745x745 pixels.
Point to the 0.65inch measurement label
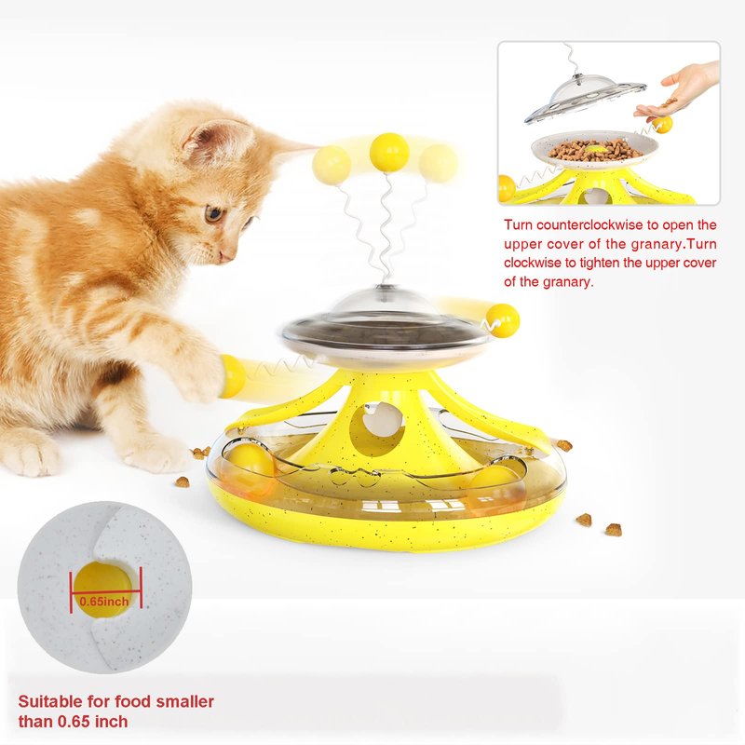104,601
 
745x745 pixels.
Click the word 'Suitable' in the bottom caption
50,701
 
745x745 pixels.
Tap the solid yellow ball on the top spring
389,153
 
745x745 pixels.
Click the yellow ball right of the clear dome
502,320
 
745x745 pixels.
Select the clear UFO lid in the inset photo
586,97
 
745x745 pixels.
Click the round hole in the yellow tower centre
376,427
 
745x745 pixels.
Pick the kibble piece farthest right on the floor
614,529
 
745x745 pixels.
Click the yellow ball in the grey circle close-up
103,589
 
